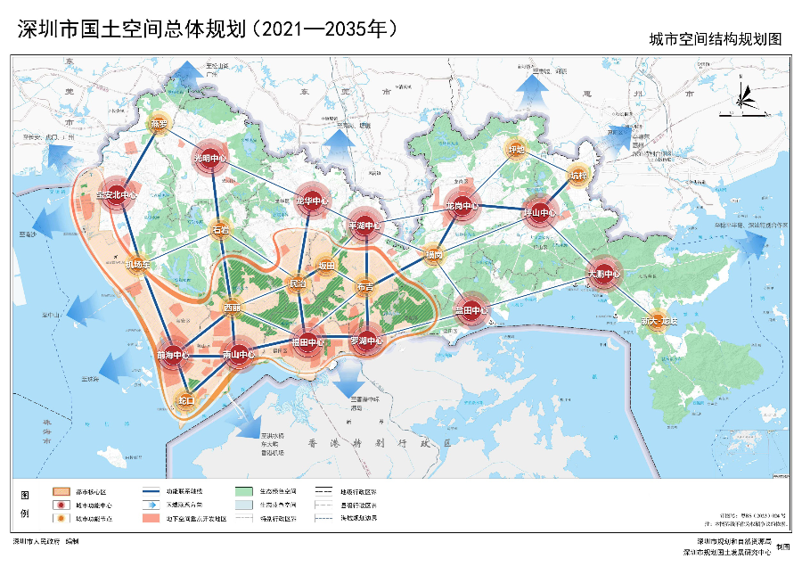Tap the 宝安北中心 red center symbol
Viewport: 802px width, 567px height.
[x=116, y=195]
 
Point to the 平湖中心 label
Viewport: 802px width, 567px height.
[x=364, y=226]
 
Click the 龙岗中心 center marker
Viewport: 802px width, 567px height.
[x=462, y=206]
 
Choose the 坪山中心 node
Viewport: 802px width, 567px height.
[x=539, y=213]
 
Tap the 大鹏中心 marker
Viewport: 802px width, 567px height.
[x=603, y=273]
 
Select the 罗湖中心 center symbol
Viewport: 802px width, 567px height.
[x=366, y=341]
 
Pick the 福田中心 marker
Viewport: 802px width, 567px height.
[x=307, y=341]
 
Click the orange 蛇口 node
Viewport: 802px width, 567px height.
[x=185, y=400]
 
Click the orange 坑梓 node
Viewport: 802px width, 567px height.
[x=578, y=176]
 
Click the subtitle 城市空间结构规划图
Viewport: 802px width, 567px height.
[x=715, y=40]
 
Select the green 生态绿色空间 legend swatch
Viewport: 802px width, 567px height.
[x=244, y=491]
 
